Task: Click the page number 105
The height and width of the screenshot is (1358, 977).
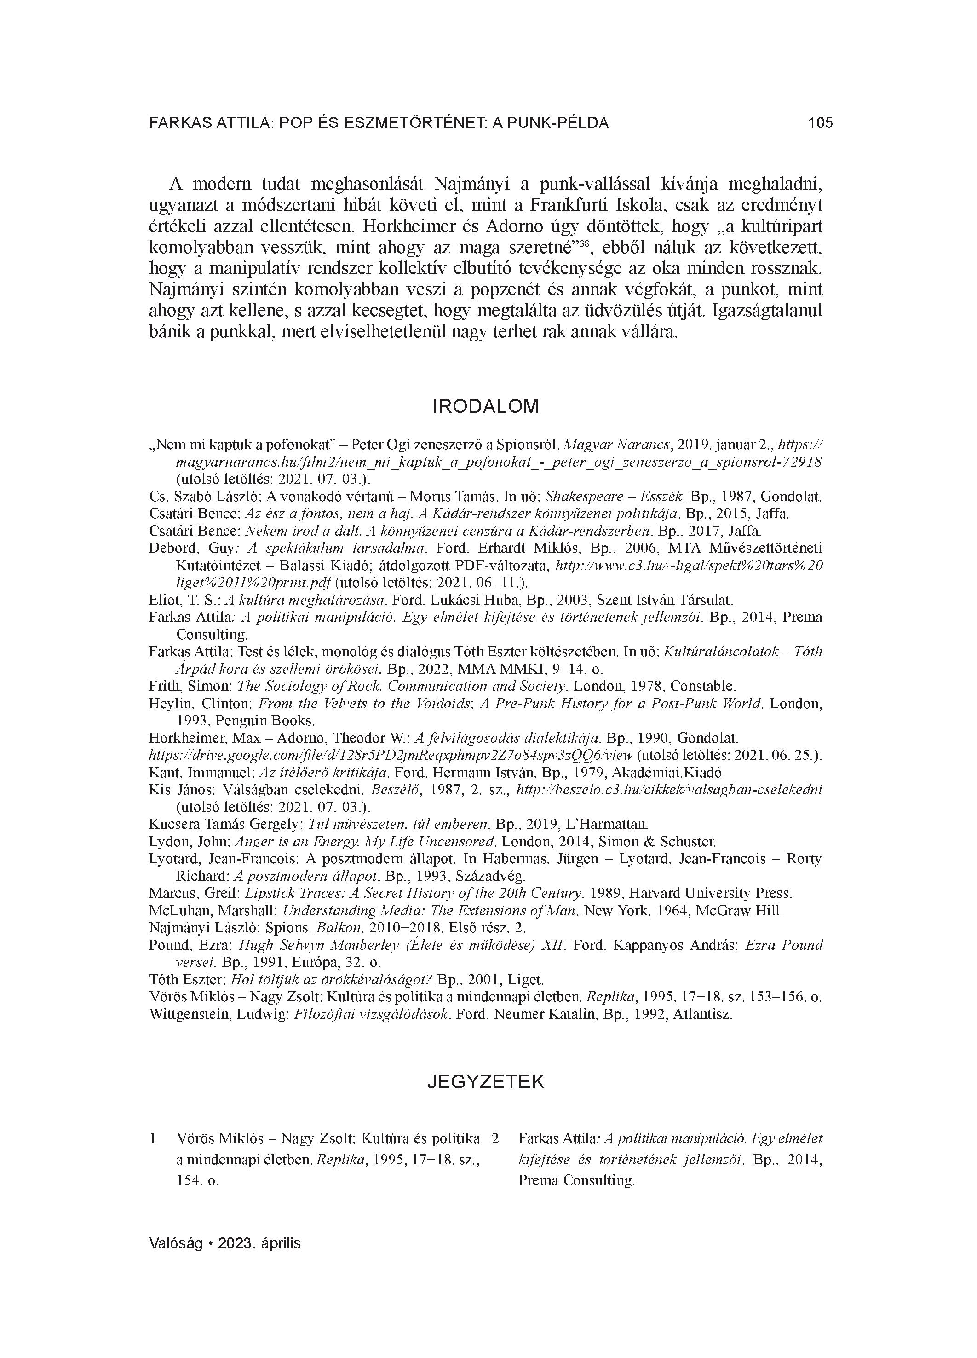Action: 820,123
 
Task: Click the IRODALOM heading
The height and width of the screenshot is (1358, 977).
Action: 485,406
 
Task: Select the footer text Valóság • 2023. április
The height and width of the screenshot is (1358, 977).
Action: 224,1243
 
